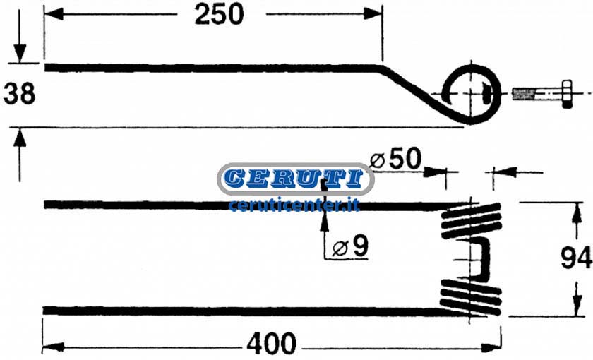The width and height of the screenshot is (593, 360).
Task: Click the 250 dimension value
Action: click(219, 15)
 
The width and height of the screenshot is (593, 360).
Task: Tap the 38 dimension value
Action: click(19, 94)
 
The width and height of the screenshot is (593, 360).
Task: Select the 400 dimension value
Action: click(271, 344)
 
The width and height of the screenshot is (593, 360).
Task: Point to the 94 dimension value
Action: click(576, 258)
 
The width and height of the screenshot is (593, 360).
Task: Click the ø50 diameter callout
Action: click(395, 158)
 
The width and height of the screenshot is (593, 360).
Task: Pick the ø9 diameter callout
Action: click(350, 246)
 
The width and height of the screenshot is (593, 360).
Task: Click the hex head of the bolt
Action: click(566, 93)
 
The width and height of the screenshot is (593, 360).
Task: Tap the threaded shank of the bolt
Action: click(537, 93)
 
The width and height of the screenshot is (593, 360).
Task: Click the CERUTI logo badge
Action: click(296, 179)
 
